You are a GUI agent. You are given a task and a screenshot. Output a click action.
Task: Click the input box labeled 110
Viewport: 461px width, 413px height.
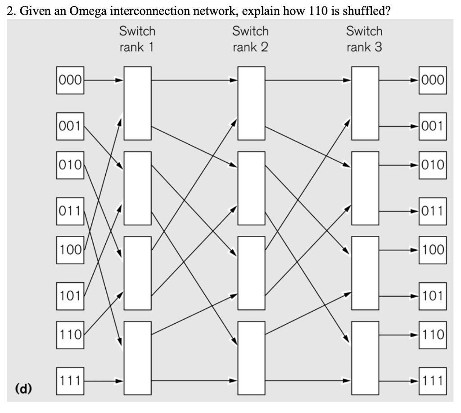click(x=70, y=335)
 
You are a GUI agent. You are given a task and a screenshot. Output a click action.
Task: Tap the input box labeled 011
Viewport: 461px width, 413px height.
click(x=70, y=211)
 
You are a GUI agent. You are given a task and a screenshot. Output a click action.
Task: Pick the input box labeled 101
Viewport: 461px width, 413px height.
click(x=70, y=296)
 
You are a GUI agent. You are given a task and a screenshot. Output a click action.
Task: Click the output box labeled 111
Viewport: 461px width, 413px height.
click(x=432, y=381)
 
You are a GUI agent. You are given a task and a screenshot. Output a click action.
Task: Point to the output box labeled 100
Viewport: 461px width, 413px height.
click(x=432, y=249)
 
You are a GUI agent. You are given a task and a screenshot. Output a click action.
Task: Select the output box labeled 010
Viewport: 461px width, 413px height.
click(x=432, y=165)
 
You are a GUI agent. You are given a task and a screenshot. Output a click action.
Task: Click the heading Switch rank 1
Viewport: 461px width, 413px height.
click(x=137, y=39)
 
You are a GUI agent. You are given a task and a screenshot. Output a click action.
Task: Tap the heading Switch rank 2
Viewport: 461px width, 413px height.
click(x=251, y=39)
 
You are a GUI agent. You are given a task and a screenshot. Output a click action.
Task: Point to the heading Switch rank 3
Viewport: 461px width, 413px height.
click(x=364, y=39)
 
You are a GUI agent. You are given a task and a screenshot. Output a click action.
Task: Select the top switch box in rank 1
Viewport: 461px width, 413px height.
click(x=137, y=103)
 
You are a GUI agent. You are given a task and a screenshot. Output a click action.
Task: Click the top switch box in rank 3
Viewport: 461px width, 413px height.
click(x=365, y=103)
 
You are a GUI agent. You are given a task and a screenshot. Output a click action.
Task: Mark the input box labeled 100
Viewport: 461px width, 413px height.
click(x=70, y=249)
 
